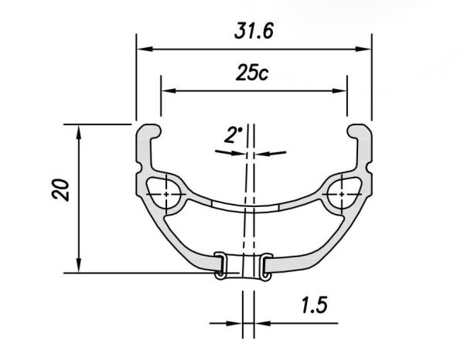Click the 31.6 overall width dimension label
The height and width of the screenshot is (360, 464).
tap(254, 31)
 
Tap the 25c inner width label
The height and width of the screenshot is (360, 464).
tap(252, 73)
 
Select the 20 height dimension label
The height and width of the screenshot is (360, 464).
tap(60, 189)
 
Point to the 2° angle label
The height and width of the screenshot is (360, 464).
tap(233, 134)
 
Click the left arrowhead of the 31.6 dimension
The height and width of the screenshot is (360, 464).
tap(145, 49)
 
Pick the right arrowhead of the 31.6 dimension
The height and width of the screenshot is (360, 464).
tap(363, 49)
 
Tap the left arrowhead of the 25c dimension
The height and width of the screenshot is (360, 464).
tap(169, 90)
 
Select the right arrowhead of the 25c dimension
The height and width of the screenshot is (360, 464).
tap(339, 90)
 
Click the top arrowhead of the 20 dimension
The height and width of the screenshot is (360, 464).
tap(78, 132)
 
